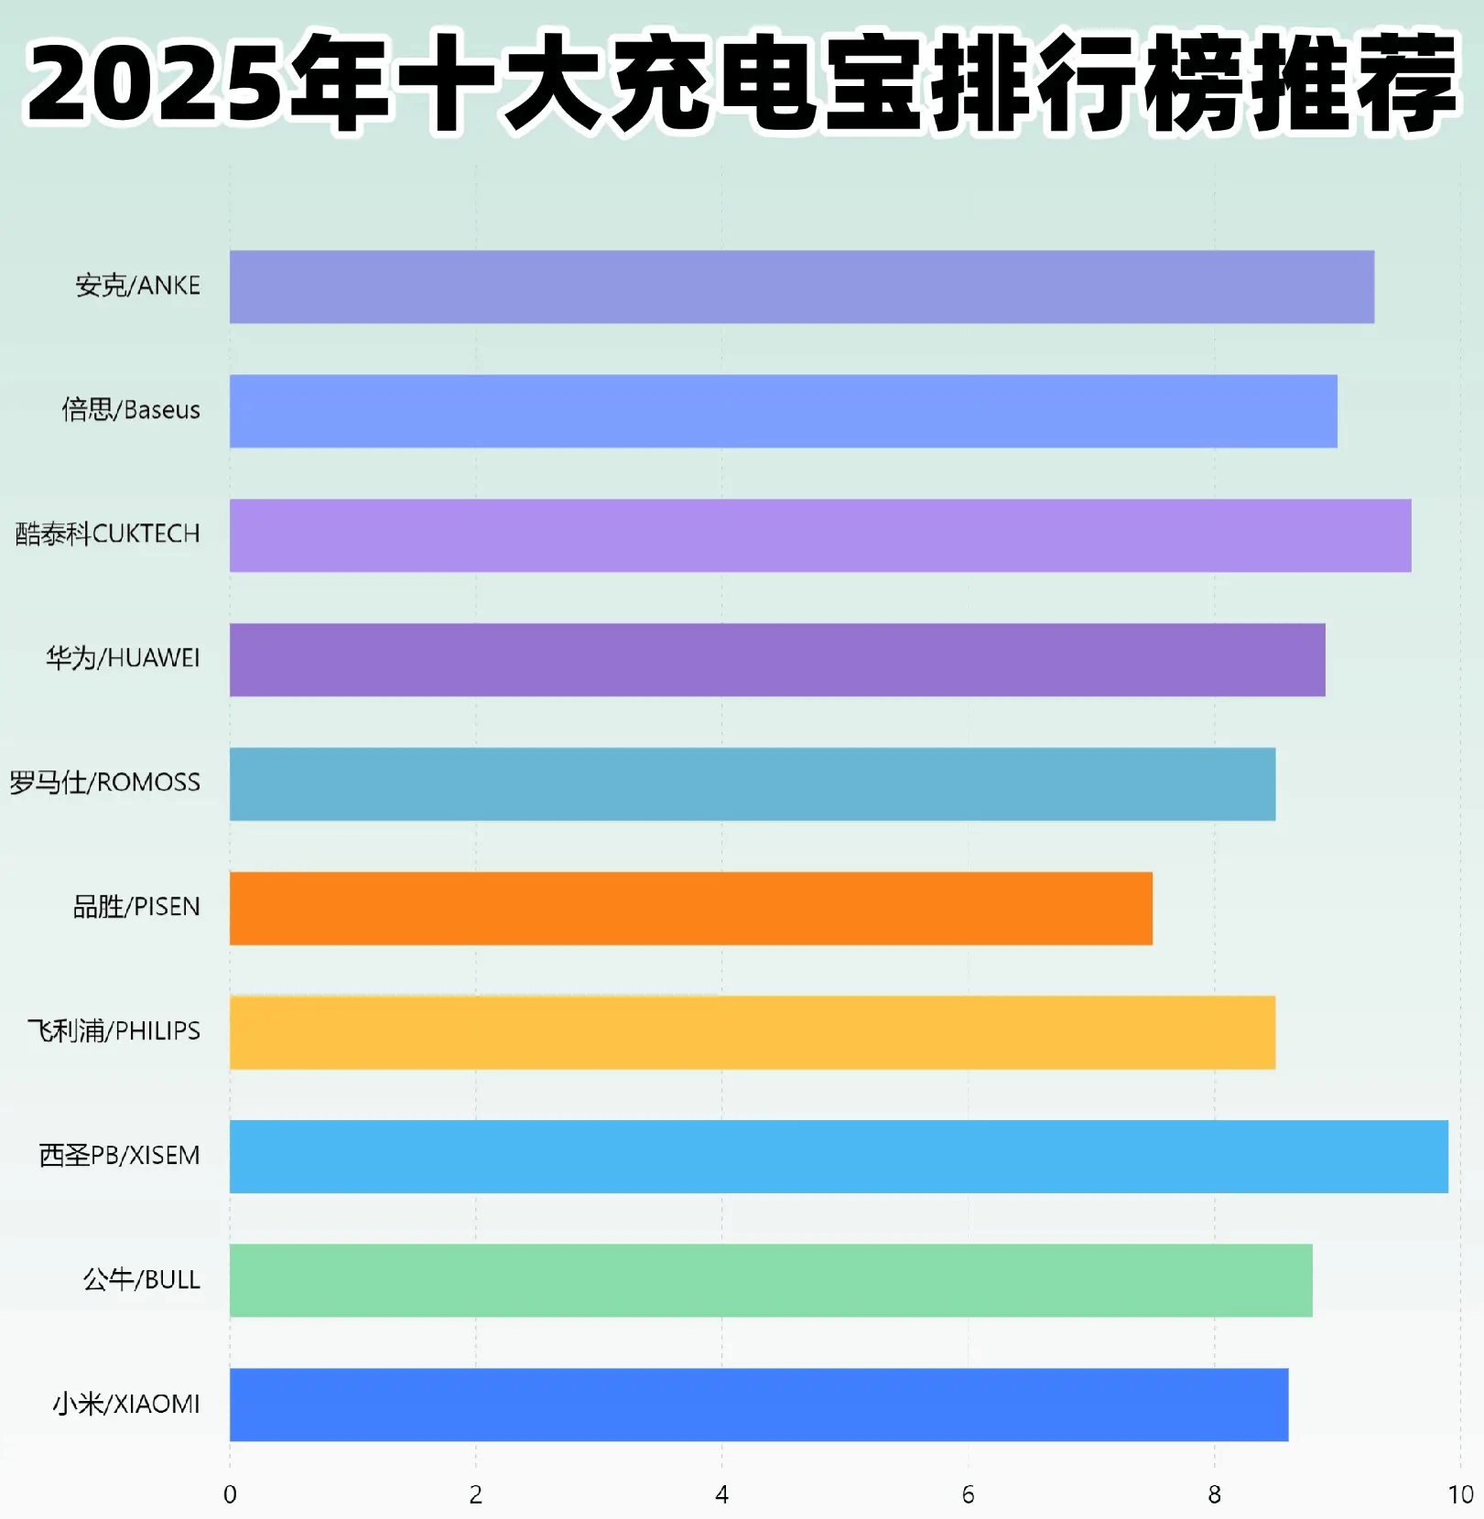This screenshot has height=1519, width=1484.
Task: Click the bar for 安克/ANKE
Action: [801, 286]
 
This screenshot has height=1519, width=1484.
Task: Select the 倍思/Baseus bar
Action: [783, 411]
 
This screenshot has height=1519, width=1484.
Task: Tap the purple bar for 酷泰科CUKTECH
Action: [819, 535]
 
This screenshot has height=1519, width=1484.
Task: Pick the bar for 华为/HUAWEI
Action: [776, 660]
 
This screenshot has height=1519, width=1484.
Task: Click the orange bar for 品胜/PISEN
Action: [690, 908]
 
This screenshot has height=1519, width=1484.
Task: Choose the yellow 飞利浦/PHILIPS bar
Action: [752, 1032]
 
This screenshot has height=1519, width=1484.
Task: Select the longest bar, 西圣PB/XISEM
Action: [838, 1157]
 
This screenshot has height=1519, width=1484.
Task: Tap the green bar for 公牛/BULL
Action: [770, 1280]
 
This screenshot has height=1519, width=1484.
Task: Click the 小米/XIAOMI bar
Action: [758, 1405]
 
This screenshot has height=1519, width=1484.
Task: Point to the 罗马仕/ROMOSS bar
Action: [752, 784]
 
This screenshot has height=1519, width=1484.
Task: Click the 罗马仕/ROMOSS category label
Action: [105, 782]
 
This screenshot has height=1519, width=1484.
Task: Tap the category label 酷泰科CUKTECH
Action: [108, 533]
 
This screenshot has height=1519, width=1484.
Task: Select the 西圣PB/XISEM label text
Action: [119, 1156]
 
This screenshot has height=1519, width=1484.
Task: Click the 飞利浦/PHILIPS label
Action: [114, 1031]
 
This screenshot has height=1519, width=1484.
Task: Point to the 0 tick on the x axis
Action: [230, 1494]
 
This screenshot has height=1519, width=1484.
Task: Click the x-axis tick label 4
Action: [721, 1494]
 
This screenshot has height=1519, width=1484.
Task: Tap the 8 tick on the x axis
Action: [1214, 1494]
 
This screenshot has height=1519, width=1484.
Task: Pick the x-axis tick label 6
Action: [968, 1494]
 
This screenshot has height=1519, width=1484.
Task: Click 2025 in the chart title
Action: [151, 84]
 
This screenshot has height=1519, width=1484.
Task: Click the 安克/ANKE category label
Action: [137, 285]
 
